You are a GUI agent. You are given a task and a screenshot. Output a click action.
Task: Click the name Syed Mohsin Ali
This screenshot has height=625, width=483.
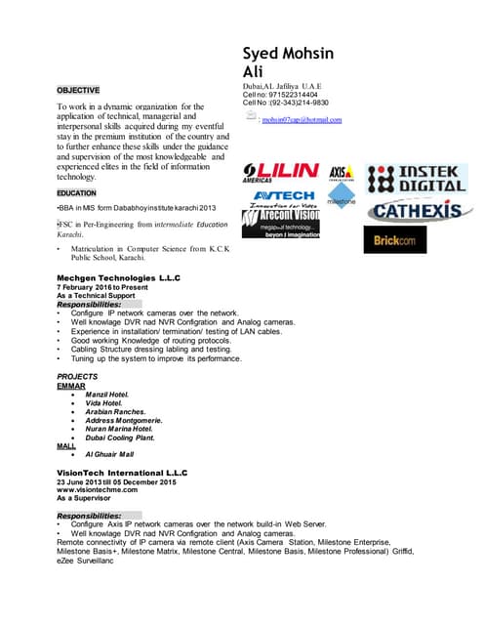pyautogui.click(x=290, y=62)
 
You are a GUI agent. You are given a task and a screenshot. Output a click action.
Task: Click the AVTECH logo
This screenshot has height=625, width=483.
pyautogui.click(x=284, y=198)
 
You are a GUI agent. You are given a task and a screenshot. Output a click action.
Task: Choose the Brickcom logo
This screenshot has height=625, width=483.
pyautogui.click(x=396, y=239)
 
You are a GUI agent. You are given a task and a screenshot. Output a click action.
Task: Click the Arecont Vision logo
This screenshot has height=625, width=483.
pyautogui.click(x=280, y=224)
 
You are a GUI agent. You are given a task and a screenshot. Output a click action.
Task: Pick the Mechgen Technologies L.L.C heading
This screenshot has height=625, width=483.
pyautogui.click(x=119, y=278)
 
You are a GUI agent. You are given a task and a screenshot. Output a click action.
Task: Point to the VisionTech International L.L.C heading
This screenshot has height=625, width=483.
pyautogui.click(x=122, y=472)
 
